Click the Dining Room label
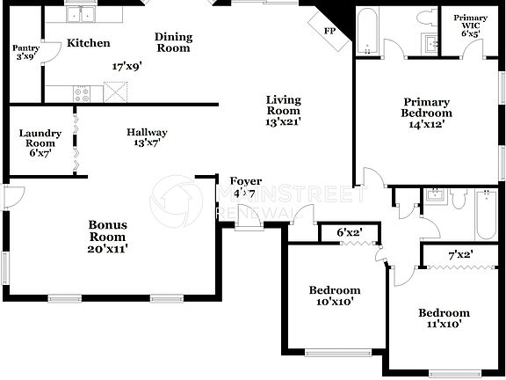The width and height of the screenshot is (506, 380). [x=173, y=42]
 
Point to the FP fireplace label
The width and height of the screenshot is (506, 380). [x=329, y=31]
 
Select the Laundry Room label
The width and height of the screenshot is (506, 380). [x=40, y=142]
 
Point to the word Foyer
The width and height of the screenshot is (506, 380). [x=245, y=181]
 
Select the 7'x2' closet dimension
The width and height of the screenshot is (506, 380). [x=462, y=255]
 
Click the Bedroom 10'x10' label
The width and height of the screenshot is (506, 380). [x=334, y=296]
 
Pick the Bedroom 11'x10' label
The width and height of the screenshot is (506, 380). [x=443, y=318]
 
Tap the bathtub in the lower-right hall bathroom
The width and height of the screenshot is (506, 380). [x=485, y=213]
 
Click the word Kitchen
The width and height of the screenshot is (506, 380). [x=89, y=42]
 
